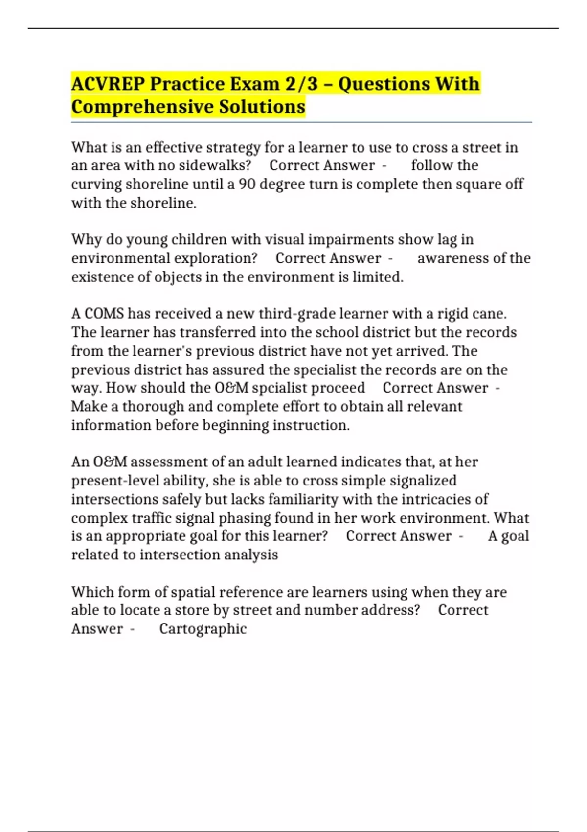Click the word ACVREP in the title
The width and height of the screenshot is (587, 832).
pyautogui.click(x=108, y=84)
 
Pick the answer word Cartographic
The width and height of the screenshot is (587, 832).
pyautogui.click(x=203, y=628)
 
